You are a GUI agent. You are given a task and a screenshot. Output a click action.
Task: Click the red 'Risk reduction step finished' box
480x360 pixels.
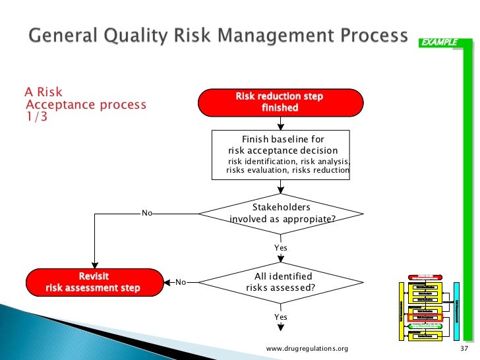click(x=280, y=102)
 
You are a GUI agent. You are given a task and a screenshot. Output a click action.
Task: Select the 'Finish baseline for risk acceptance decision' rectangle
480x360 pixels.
click(x=280, y=155)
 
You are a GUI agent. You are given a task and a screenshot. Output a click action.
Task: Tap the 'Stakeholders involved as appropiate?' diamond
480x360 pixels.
click(x=280, y=214)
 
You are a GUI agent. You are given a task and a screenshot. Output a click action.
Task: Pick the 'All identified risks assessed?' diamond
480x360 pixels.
click(x=280, y=282)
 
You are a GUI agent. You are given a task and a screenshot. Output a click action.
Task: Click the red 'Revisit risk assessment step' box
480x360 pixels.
click(x=94, y=282)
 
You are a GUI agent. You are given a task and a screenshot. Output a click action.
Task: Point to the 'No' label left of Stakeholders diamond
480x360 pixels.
click(x=148, y=214)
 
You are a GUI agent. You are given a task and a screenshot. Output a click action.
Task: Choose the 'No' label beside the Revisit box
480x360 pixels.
click(x=180, y=282)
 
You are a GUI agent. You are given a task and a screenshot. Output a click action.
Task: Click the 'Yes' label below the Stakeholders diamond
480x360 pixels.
click(x=281, y=248)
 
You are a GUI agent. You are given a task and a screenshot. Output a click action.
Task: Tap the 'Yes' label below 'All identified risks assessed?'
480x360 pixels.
click(x=281, y=317)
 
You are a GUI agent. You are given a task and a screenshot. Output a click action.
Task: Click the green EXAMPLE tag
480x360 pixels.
click(x=439, y=42)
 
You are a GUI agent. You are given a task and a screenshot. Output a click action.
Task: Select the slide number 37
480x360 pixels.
click(x=462, y=349)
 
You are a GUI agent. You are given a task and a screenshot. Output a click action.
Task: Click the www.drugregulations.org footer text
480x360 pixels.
click(x=306, y=349)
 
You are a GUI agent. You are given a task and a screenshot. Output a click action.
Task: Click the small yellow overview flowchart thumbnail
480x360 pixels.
click(x=429, y=307)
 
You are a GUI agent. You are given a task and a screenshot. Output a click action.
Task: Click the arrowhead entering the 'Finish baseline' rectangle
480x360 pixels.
click(x=280, y=126)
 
